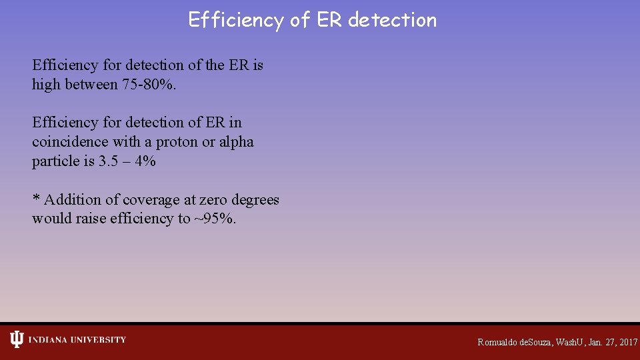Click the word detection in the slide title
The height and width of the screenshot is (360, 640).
tap(392, 20)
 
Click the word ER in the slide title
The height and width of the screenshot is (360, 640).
tap(329, 20)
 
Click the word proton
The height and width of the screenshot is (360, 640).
tap(175, 142)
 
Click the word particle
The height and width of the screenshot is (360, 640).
tap(53, 161)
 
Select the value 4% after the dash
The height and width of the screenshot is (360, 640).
tap(145, 161)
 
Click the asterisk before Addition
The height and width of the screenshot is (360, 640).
tap(36, 199)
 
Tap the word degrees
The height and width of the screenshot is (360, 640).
tap(255, 200)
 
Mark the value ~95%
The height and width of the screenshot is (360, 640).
tap(215, 219)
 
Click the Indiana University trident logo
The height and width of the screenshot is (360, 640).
tap(17, 340)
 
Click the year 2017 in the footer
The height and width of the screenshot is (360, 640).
tap(628, 342)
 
